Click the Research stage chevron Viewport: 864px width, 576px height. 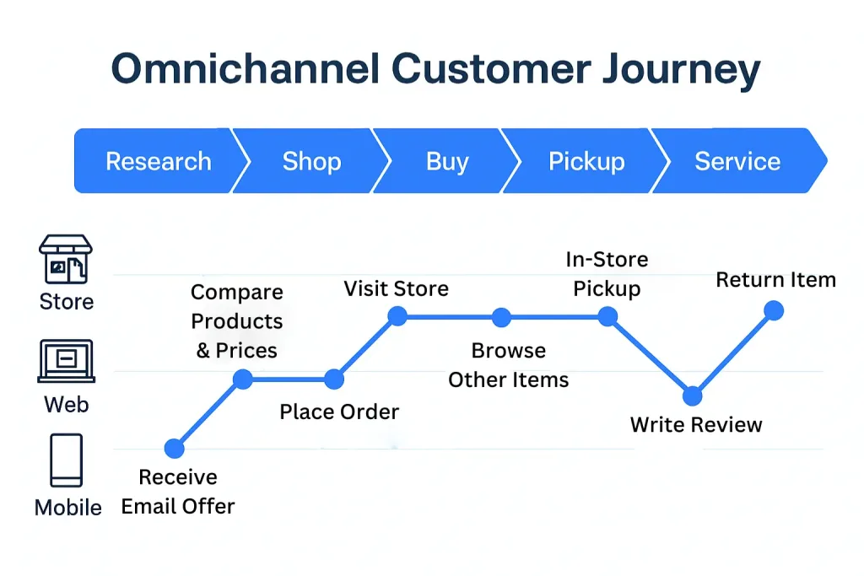(x=158, y=161)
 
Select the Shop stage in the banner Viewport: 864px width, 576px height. (x=311, y=161)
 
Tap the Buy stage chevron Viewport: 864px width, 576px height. (x=447, y=161)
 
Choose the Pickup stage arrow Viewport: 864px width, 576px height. (x=586, y=161)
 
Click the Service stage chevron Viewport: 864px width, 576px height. (x=737, y=161)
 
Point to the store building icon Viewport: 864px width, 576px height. (x=66, y=260)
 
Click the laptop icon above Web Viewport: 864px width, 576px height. (x=66, y=362)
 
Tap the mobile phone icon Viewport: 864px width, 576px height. (x=67, y=460)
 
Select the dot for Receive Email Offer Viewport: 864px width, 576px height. (x=174, y=448)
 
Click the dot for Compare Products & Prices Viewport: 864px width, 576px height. (x=242, y=380)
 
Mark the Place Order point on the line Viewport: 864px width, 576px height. (x=334, y=380)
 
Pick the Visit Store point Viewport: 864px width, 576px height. (x=397, y=316)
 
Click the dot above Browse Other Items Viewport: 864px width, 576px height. (x=501, y=317)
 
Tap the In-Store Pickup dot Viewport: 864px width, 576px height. (x=607, y=316)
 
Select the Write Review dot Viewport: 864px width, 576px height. (x=693, y=396)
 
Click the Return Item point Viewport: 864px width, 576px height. (x=774, y=311)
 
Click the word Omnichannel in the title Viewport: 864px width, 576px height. (x=246, y=70)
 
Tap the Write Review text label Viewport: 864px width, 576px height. (x=696, y=424)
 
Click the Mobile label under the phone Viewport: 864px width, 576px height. (x=67, y=508)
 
